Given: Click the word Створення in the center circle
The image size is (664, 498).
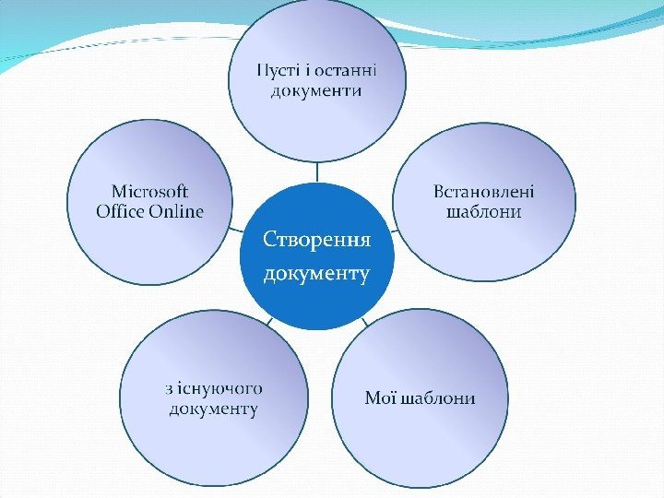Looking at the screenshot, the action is point(316,241).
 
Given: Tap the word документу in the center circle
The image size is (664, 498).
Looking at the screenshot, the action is point(316,274).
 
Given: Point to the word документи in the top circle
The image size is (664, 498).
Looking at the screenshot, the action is point(316,91).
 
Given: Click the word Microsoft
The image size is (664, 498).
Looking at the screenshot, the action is point(149,191).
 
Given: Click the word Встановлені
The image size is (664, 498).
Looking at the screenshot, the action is point(484,191).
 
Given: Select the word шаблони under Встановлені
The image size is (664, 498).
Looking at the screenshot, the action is point(484,212).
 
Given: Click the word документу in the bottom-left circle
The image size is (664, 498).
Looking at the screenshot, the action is point(213,409).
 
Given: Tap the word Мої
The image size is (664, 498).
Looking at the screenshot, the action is point(380,398).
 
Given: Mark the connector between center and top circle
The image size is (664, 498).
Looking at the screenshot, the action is point(316,172).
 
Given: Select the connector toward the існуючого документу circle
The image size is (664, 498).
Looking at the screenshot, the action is point(268,322).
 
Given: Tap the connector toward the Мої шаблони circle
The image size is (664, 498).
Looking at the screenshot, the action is point(364,322).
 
